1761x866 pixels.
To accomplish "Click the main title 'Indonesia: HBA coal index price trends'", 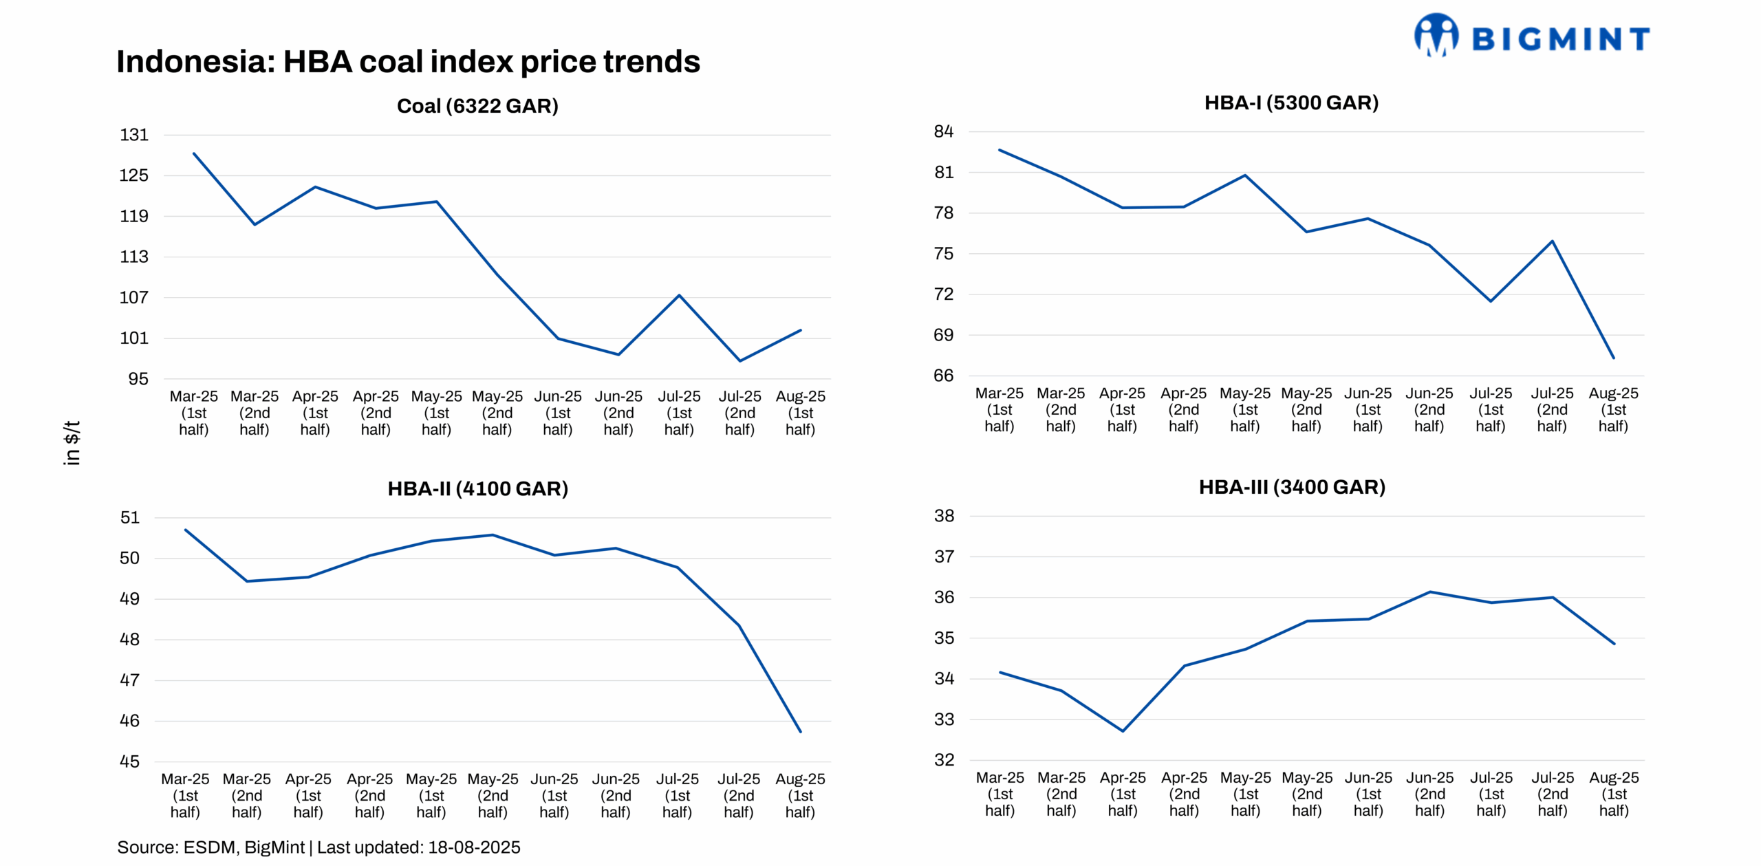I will (408, 62).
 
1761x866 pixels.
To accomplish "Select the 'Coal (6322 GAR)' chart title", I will (477, 106).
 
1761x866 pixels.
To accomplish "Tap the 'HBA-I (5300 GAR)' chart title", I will (1290, 102).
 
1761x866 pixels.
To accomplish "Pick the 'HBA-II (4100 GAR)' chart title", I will (477, 488).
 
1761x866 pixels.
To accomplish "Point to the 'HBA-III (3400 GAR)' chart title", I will (1291, 487).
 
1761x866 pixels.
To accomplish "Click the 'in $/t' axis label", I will (72, 443).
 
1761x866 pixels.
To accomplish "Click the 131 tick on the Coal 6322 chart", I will (134, 135).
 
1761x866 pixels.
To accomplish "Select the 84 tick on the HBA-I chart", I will (943, 131).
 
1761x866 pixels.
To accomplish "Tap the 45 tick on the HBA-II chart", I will (129, 761).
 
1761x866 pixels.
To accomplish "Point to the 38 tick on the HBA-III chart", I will (944, 516).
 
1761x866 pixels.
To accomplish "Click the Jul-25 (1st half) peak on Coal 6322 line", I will (679, 296).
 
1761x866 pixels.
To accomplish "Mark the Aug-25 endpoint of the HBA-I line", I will (1613, 358).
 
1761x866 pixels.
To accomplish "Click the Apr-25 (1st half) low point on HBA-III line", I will (1123, 731).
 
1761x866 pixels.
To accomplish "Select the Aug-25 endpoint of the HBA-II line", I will (800, 731).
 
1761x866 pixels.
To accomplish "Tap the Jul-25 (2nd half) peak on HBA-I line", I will (1552, 241).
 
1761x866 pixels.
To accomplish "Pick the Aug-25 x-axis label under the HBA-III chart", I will (1613, 794).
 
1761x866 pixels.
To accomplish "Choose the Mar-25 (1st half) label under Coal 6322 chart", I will (193, 413).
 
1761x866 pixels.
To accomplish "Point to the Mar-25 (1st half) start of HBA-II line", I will (186, 530).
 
